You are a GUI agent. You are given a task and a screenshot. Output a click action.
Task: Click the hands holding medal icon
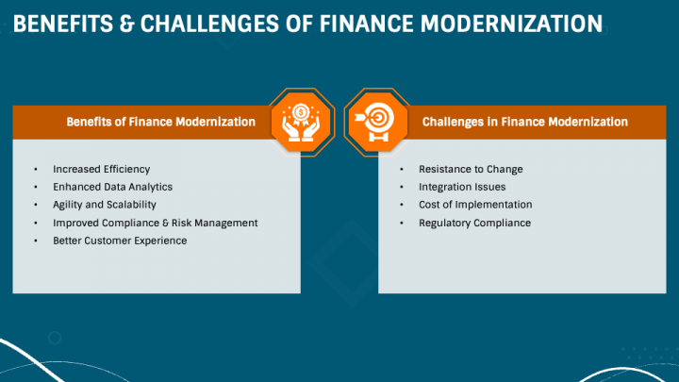pyautogui.click(x=301, y=123)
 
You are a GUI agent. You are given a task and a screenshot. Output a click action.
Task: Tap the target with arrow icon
pyautogui.click(x=374, y=122)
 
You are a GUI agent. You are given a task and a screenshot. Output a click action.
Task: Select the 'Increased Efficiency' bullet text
pyautogui.click(x=101, y=170)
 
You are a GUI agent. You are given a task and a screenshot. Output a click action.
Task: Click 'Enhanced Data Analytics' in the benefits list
pyautogui.click(x=112, y=187)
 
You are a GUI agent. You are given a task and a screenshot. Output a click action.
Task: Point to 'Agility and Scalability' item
pyautogui.click(x=105, y=205)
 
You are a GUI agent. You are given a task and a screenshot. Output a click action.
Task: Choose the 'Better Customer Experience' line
pyautogui.click(x=120, y=241)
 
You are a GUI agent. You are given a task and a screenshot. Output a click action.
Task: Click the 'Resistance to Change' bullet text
pyautogui.click(x=471, y=170)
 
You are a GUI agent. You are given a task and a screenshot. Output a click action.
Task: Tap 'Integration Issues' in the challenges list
pyautogui.click(x=462, y=187)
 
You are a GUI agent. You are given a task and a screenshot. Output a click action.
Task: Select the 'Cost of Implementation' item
pyautogui.click(x=475, y=205)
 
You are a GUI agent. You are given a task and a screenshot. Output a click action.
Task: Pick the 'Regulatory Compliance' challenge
pyautogui.click(x=474, y=223)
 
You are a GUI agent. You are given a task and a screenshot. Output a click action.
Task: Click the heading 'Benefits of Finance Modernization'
pyautogui.click(x=160, y=122)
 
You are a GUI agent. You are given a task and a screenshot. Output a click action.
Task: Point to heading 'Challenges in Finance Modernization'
pyautogui.click(x=525, y=122)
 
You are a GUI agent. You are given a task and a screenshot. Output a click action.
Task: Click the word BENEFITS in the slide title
pyautogui.click(x=63, y=24)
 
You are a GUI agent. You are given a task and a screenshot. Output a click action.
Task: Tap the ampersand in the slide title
pyautogui.click(x=127, y=24)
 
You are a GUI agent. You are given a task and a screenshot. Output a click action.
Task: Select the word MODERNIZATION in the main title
pyautogui.click(x=511, y=24)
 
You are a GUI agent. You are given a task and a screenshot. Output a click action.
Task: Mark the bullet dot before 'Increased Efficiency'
pyautogui.click(x=36, y=170)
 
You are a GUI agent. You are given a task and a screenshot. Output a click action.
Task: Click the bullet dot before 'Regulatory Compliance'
pyautogui.click(x=402, y=223)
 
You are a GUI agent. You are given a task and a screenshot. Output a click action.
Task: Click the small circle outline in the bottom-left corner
pyautogui.click(x=55, y=332)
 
